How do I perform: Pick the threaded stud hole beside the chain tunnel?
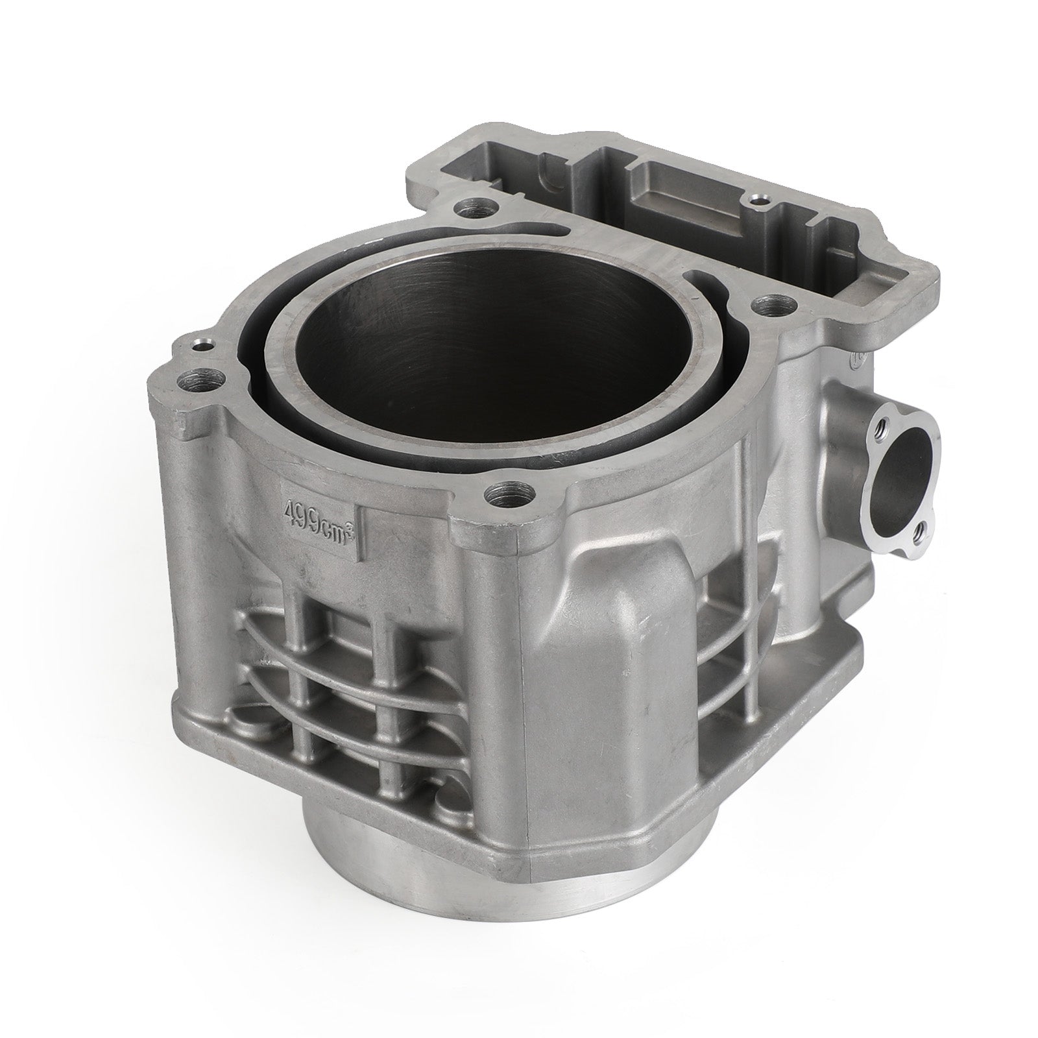point(770,304)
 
